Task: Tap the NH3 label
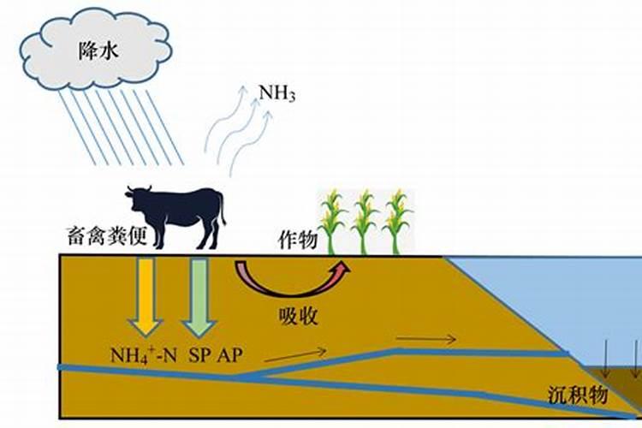click(x=278, y=92)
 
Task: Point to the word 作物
click(x=296, y=239)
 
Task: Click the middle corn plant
click(x=366, y=223)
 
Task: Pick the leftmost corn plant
click(x=336, y=223)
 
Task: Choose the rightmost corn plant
click(x=397, y=223)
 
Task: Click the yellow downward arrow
click(x=145, y=296)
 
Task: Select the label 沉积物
click(x=578, y=395)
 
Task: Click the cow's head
click(x=137, y=198)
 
